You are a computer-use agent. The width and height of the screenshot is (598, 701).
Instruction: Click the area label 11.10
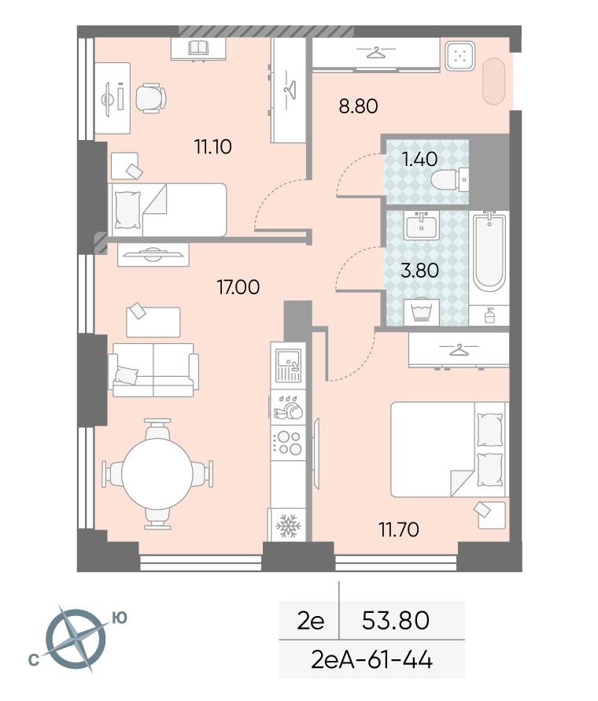(213, 146)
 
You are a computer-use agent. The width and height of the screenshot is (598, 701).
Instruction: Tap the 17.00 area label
(238, 287)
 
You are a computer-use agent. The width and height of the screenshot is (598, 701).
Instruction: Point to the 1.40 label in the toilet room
(420, 159)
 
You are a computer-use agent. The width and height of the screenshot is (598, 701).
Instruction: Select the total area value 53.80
(395, 620)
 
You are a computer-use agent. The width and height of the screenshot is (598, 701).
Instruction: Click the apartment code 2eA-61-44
(371, 659)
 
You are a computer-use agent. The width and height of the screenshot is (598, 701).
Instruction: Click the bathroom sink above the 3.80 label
(422, 225)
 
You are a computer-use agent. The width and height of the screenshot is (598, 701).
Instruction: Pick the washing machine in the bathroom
(421, 312)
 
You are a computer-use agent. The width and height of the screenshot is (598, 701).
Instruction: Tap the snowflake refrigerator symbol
(286, 526)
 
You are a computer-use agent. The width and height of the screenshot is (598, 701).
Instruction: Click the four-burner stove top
(289, 442)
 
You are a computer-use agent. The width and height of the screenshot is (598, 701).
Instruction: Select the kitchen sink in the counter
(289, 365)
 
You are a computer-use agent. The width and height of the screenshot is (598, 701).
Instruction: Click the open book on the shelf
(197, 47)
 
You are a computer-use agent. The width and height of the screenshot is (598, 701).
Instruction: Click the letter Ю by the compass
(119, 618)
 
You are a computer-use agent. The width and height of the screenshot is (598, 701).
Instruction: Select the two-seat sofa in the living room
(153, 370)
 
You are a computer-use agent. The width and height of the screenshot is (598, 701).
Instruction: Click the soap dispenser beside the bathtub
(489, 315)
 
